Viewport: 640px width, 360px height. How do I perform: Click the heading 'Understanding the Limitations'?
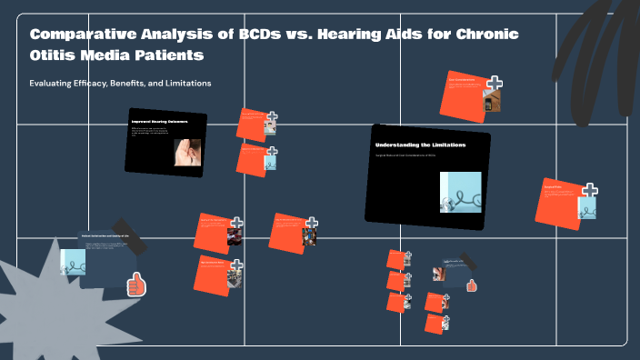tap(420, 145)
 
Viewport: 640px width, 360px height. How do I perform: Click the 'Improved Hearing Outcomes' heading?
tap(160, 122)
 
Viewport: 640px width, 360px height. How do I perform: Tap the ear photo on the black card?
tap(187, 152)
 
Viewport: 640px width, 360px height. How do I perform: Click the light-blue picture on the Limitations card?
tap(460, 192)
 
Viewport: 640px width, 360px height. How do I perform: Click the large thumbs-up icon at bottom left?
tap(136, 285)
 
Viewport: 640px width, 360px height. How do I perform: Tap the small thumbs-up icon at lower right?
tap(472, 285)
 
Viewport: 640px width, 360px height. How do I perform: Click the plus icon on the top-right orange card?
tap(495, 84)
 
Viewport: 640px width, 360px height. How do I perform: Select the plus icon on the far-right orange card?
tap(590, 190)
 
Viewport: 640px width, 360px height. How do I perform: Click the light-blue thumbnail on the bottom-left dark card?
tap(72, 262)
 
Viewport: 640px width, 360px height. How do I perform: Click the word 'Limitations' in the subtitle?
tap(190, 84)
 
